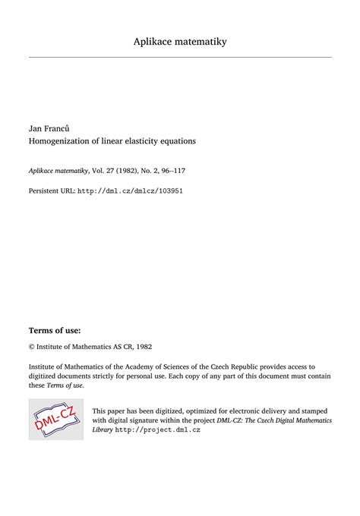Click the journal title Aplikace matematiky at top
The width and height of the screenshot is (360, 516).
coord(180,41)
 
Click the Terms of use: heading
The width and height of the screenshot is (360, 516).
coord(54,309)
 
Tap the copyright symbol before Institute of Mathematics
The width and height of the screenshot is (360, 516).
coord(31,325)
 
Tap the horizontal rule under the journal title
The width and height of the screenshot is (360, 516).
coord(180,57)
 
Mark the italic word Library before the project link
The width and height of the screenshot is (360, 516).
coord(103,429)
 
